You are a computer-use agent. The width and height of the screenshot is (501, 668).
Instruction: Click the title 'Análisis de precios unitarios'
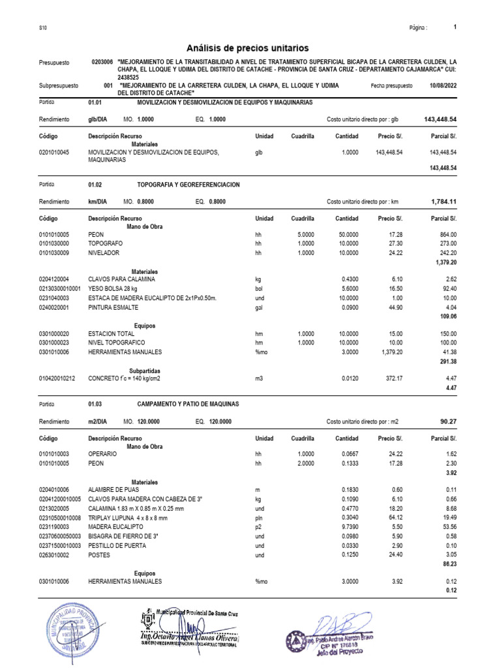click(247, 48)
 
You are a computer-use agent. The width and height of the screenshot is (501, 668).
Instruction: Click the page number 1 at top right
click(455, 27)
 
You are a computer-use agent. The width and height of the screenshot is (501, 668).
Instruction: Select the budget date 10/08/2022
click(444, 85)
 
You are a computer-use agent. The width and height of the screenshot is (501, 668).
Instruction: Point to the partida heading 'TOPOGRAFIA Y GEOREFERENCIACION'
click(188, 185)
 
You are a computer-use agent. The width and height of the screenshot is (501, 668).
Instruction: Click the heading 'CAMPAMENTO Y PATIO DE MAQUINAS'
click(188, 404)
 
